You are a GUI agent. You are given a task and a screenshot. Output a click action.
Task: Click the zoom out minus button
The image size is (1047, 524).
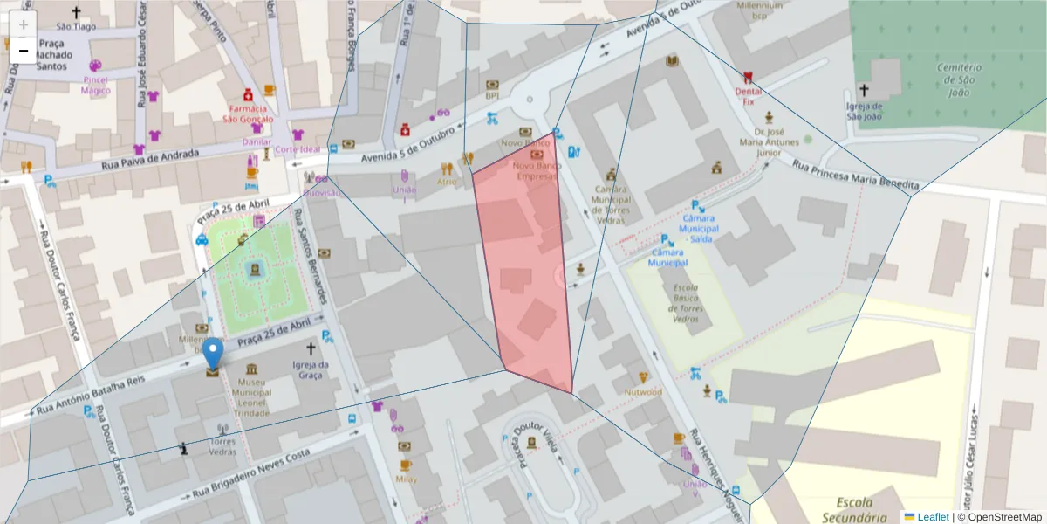click(x=24, y=52)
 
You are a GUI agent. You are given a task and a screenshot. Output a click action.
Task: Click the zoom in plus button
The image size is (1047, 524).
click(x=24, y=24)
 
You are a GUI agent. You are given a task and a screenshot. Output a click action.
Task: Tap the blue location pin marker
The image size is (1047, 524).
click(x=213, y=355)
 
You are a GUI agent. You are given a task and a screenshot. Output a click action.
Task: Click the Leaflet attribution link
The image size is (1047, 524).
click(x=933, y=517)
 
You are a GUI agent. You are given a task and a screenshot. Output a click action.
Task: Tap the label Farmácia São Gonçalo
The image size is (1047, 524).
click(x=248, y=114)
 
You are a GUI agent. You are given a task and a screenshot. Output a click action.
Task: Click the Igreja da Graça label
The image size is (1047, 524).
click(x=311, y=369)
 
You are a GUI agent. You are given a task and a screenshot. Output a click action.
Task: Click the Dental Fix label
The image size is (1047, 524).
click(x=748, y=96)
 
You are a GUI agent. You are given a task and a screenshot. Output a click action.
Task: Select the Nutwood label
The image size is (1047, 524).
click(x=643, y=392)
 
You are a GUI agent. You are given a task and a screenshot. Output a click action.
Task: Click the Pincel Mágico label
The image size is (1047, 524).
click(x=96, y=84)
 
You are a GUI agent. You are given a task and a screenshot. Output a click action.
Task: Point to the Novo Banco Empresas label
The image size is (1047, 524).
click(x=535, y=170)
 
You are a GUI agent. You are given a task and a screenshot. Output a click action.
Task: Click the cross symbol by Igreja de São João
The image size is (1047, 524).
click(x=864, y=90)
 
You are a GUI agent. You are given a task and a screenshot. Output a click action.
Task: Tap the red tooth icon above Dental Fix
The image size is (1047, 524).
click(x=748, y=77)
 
